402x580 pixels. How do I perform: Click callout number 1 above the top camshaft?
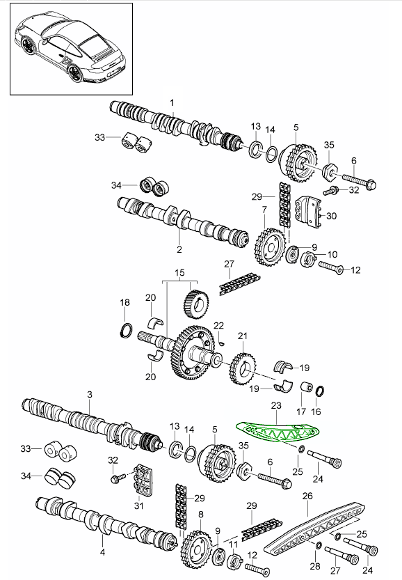coord(172,102)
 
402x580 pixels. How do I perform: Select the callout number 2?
coord(179,250)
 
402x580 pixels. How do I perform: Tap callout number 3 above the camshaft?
coord(90,395)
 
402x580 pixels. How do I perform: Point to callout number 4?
coord(103,552)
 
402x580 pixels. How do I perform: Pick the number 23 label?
coord(276,406)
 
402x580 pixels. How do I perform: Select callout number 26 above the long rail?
coord(307,496)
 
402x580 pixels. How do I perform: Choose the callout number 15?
coord(179,273)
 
